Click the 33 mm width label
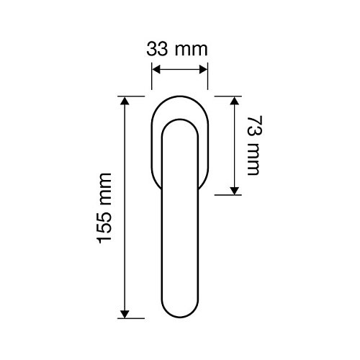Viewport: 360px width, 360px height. tap(177, 50)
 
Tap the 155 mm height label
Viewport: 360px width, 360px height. tap(104, 208)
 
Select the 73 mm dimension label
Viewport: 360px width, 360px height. tap(254, 145)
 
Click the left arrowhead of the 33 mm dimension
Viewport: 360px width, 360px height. tap(156, 70)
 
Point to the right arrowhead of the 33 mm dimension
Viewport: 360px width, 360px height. tap(203, 70)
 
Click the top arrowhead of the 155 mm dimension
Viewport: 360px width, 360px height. tap(125, 101)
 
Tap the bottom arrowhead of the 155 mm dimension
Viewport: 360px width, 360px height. tap(125, 314)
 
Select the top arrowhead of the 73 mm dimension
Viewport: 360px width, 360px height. tap(235, 101)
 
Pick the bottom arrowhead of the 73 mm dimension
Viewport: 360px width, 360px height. tap(235, 191)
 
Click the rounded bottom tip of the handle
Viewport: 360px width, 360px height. tap(180, 318)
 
